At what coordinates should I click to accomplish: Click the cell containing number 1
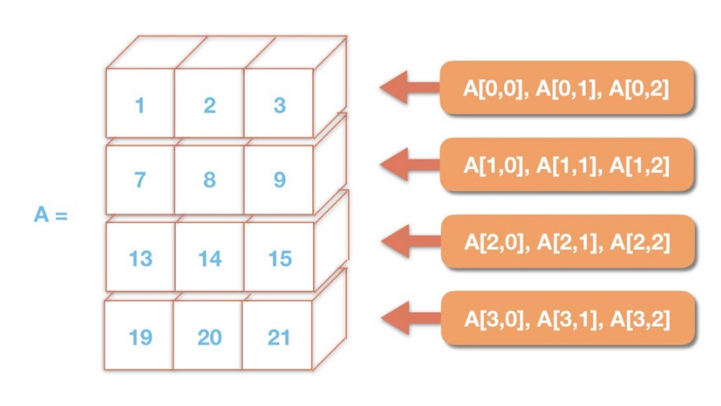point(140,104)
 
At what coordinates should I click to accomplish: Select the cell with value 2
point(209,104)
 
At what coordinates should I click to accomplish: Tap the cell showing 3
point(278,104)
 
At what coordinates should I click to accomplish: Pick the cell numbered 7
point(140,180)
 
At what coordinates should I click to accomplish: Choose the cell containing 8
point(209,180)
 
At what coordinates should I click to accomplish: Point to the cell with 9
point(278,180)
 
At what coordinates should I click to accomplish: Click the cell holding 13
point(140,258)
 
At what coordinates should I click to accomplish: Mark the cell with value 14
point(209,258)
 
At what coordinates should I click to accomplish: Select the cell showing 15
point(278,258)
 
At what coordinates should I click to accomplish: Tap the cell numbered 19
point(140,336)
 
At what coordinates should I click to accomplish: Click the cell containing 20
point(209,336)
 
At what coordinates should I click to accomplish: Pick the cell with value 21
point(278,336)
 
